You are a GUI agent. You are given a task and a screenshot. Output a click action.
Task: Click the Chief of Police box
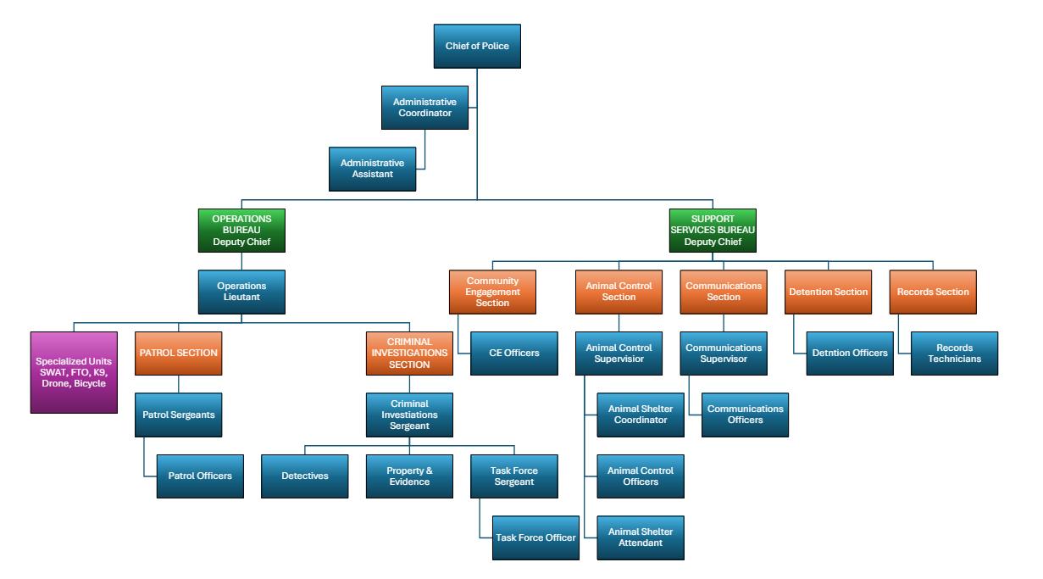click(477, 46)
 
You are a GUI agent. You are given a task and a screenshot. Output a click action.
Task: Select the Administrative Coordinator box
click(424, 107)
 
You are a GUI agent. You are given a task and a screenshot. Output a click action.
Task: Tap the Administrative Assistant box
click(373, 168)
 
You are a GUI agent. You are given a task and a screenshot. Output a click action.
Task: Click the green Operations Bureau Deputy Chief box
click(241, 230)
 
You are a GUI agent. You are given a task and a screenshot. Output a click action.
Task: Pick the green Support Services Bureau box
click(711, 230)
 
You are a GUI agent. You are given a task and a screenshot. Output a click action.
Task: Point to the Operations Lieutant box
click(241, 291)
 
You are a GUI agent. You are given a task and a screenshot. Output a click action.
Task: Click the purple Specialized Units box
click(74, 372)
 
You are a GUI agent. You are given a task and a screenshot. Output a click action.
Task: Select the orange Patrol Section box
click(178, 353)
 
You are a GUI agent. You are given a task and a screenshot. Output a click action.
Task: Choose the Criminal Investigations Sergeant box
click(409, 414)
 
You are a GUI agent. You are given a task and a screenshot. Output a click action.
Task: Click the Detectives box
click(304, 475)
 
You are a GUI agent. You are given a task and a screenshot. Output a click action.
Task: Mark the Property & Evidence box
click(408, 475)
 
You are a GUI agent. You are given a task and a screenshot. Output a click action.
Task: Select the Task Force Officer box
click(535, 537)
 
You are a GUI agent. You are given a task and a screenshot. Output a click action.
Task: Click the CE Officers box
click(514, 353)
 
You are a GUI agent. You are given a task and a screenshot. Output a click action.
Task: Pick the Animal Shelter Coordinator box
click(641, 414)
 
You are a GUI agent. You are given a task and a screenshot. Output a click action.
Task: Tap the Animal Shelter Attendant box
click(641, 537)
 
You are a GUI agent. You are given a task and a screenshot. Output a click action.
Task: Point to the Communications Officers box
click(745, 414)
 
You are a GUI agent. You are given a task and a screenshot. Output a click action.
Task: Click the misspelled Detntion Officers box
click(848, 353)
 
